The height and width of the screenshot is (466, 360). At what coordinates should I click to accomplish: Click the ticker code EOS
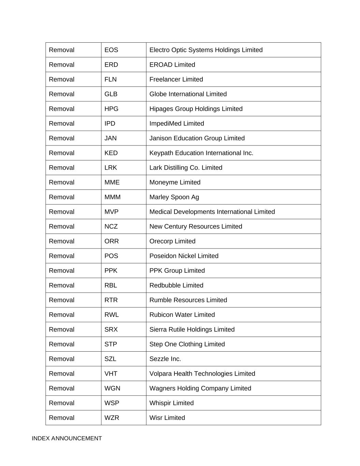pos(111,50)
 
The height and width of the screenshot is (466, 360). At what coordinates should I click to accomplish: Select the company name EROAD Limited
pos(172,65)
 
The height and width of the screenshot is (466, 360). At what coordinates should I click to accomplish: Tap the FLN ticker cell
pos(111,79)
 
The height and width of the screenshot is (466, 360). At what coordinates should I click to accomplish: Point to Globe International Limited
pos(188,94)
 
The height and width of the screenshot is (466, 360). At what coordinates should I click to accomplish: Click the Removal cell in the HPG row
pos(62,109)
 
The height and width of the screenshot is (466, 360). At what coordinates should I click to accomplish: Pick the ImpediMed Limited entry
pos(176,123)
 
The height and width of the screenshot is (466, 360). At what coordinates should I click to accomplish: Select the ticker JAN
pos(111,138)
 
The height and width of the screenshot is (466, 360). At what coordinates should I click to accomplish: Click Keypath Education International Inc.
pos(201,153)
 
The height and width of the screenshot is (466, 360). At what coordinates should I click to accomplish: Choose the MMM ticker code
pos(113,197)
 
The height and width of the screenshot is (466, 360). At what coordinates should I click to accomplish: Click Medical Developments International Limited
pos(212,212)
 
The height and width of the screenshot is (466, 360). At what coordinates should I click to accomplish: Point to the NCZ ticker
pos(111,226)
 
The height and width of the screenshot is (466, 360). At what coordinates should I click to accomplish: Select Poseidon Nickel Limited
pos(184,256)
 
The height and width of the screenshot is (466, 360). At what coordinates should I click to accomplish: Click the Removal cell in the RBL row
pos(62,285)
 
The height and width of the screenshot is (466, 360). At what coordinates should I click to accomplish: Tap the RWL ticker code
pos(112,314)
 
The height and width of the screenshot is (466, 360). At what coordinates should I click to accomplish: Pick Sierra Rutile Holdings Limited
pos(192,329)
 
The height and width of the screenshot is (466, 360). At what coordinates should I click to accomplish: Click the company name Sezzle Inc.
pos(165,359)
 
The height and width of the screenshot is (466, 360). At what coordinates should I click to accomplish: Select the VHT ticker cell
pos(111,373)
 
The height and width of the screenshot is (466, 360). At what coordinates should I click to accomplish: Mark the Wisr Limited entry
pos(167,418)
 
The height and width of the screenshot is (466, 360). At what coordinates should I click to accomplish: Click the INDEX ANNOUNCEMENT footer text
pos(67,438)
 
